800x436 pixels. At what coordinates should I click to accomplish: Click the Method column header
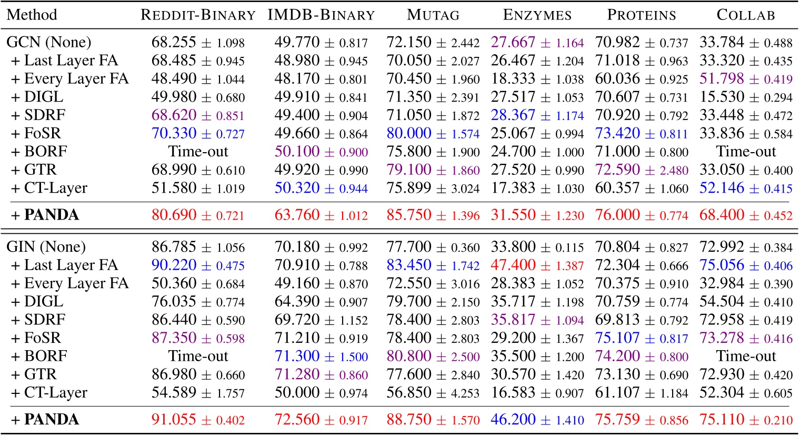[x=32, y=14]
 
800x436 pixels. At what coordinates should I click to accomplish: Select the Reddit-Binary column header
[x=198, y=15]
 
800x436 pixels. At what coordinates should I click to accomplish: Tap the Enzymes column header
[x=537, y=15]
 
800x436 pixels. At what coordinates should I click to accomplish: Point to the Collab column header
[x=745, y=15]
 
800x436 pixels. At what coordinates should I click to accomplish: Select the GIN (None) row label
[x=46, y=247]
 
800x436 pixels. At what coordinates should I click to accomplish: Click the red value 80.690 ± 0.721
[x=198, y=215]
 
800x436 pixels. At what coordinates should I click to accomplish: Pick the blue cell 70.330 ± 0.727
[x=198, y=134]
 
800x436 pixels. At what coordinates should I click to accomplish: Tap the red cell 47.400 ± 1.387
[x=537, y=265]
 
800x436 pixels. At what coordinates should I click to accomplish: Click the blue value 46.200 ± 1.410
[x=537, y=420]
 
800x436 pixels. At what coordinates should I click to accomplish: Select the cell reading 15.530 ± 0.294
[x=745, y=97]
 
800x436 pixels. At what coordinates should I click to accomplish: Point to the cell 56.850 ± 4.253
[x=433, y=393]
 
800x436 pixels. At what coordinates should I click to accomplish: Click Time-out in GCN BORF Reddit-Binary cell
[x=198, y=152]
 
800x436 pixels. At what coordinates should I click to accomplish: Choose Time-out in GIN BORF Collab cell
[x=745, y=356]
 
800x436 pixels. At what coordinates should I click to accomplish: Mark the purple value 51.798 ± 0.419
[x=745, y=79]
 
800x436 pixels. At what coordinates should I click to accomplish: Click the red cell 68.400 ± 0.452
[x=745, y=215]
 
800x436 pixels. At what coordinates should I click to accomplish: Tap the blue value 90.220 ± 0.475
[x=198, y=265]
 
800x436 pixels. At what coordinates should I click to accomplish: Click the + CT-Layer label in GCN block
[x=49, y=189]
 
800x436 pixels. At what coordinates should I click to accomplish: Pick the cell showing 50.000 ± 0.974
[x=321, y=393]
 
